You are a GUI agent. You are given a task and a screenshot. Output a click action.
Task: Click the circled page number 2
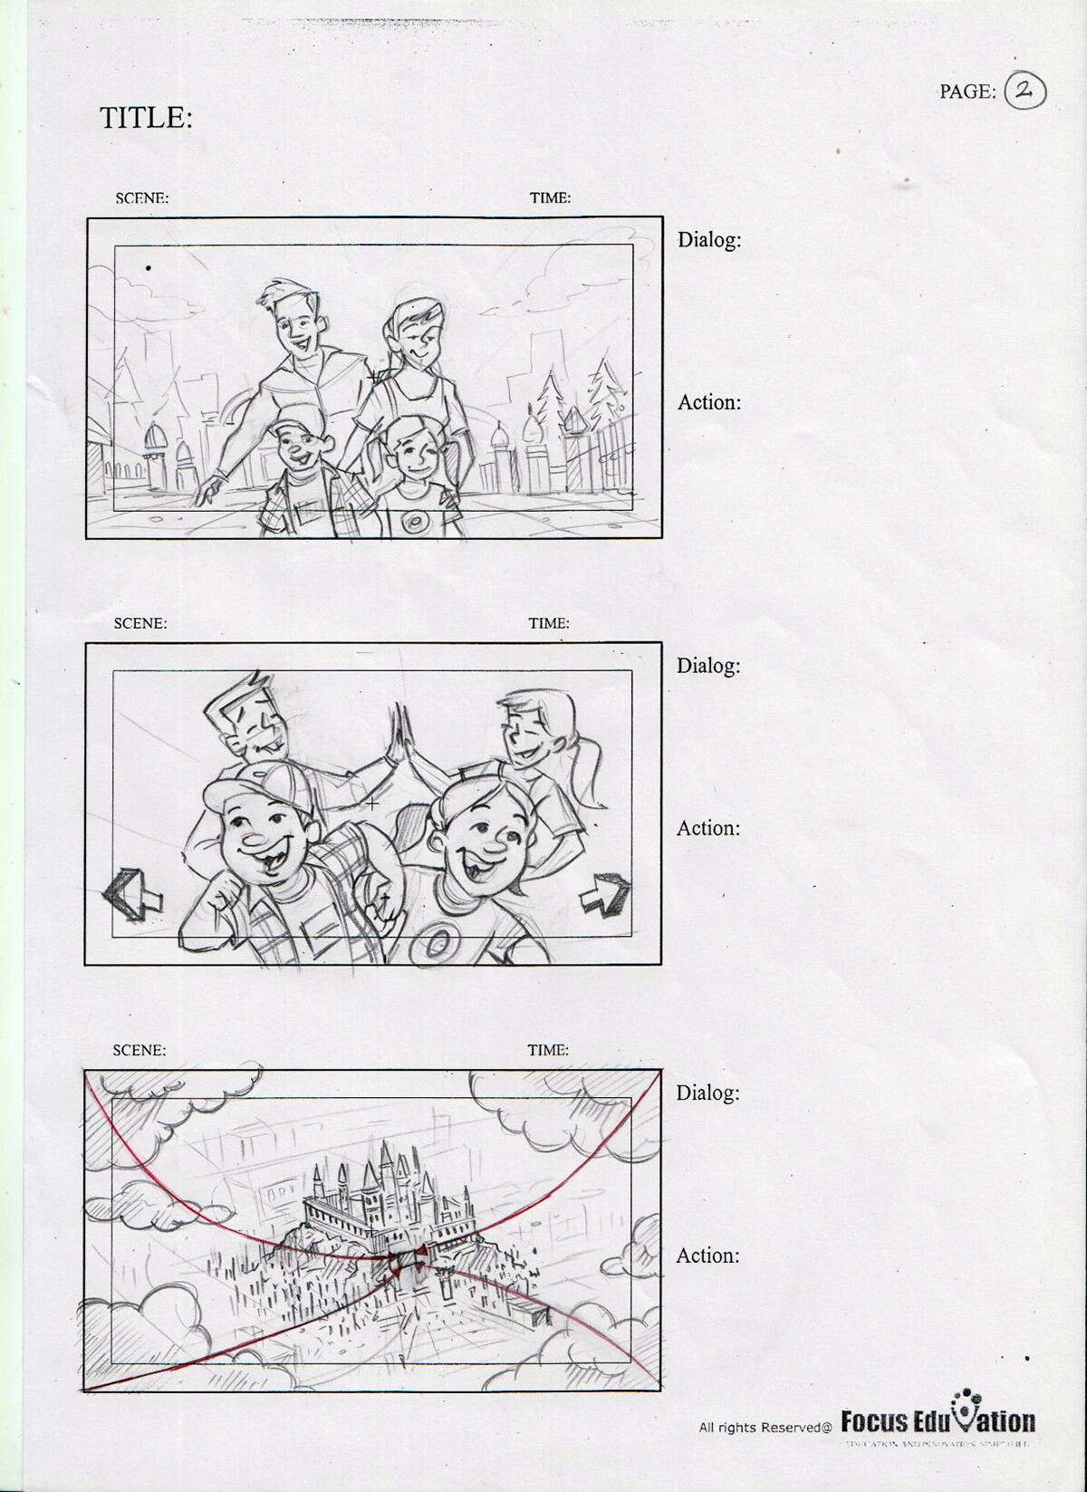coord(1024,91)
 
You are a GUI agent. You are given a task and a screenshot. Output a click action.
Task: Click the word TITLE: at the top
coord(146,118)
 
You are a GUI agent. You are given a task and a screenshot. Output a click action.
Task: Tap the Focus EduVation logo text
coord(938,1421)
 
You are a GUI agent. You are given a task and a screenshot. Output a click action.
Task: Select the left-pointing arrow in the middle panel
coord(132,895)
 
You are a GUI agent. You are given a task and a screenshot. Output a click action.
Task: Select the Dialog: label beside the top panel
coord(709,240)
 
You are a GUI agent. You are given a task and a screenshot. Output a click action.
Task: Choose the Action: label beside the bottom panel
coord(707,1256)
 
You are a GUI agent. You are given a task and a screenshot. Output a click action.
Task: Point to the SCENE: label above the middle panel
coord(140,623)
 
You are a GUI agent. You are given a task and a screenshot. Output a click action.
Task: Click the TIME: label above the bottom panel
coord(548,1050)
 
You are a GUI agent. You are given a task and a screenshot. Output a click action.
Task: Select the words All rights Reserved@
coord(765,1428)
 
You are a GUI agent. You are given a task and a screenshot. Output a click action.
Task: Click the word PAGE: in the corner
coord(967,91)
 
